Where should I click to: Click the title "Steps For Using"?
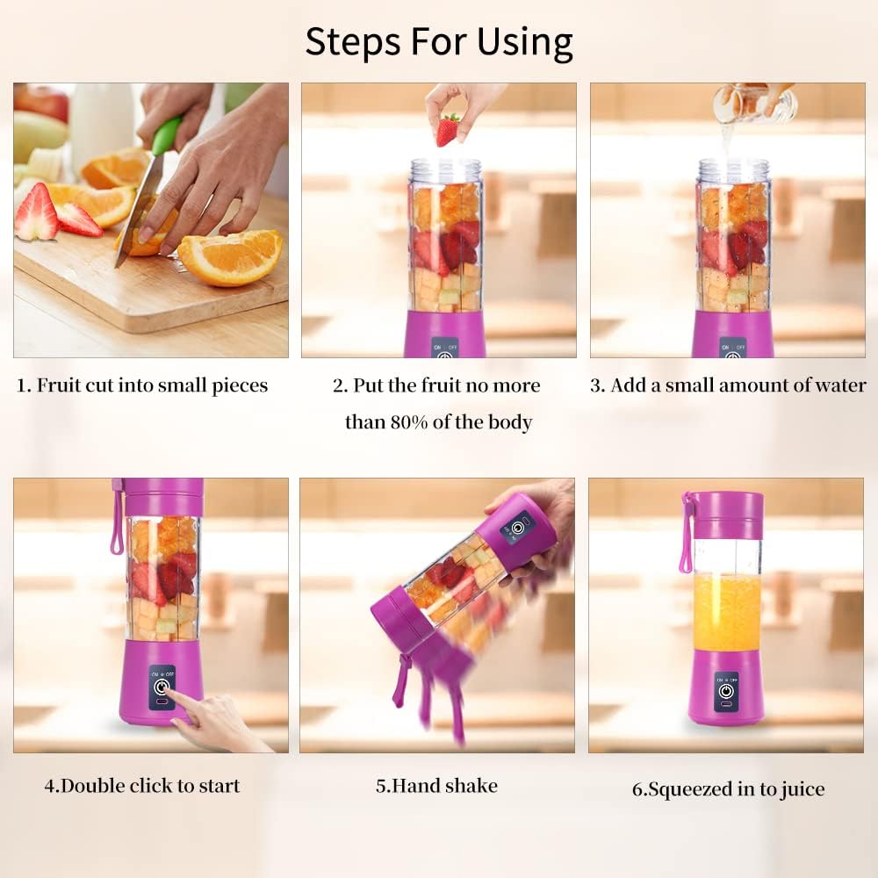[x=439, y=41]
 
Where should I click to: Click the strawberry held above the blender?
[x=448, y=130]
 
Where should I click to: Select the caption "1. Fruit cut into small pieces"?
[x=142, y=385]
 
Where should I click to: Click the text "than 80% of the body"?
[x=438, y=422]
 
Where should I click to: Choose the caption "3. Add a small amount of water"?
[x=728, y=385]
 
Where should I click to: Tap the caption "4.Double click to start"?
[x=142, y=786]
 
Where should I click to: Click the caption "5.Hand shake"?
[x=436, y=786]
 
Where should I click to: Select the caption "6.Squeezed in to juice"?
[x=728, y=789]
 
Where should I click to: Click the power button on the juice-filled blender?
[x=726, y=691]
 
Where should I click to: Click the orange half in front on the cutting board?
[x=230, y=256]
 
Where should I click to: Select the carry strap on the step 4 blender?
[x=117, y=518]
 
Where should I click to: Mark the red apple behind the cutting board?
[x=41, y=102]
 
